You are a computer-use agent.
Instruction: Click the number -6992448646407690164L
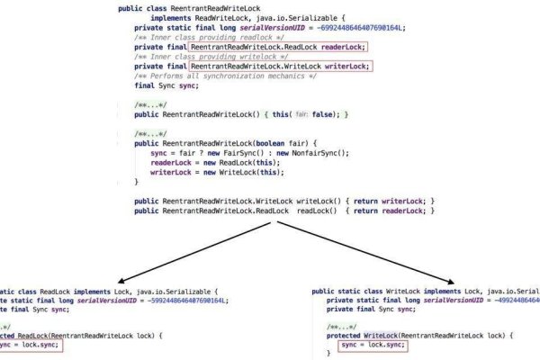click(343, 27)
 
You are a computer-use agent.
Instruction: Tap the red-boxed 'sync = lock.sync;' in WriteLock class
click(372, 345)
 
